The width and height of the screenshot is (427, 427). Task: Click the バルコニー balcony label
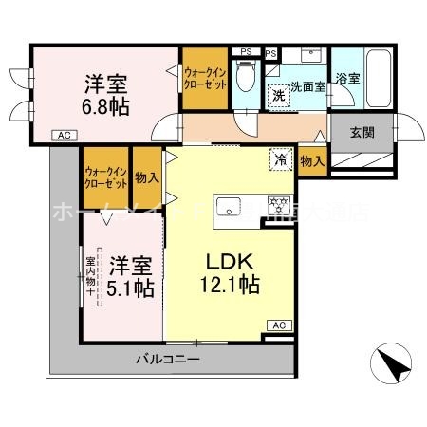click(167, 359)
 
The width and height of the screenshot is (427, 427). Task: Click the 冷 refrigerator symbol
click(281, 158)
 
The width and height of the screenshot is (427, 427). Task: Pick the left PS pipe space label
click(246, 51)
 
